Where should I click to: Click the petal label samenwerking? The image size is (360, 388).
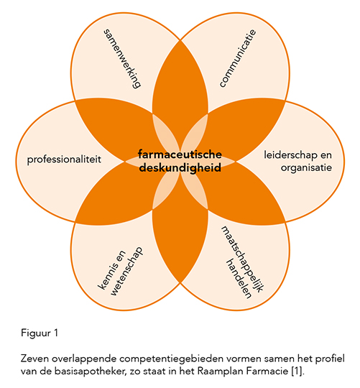[122, 59]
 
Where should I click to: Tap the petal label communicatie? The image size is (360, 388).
[238, 58]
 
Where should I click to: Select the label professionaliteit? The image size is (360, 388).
[64, 160]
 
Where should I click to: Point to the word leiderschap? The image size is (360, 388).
[291, 155]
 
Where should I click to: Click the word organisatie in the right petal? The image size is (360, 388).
[306, 167]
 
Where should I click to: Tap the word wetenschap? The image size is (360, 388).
[126, 271]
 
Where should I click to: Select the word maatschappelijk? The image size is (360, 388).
[243, 259]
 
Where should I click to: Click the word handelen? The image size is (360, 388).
[239, 278]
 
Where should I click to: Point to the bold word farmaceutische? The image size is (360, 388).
[180, 154]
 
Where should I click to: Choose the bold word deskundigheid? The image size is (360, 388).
[180, 167]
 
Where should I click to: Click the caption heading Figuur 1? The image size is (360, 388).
[40, 333]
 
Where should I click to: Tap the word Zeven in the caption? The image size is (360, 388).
[34, 359]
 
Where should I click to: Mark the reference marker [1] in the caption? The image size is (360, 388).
[297, 371]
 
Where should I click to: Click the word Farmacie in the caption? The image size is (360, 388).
[267, 371]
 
